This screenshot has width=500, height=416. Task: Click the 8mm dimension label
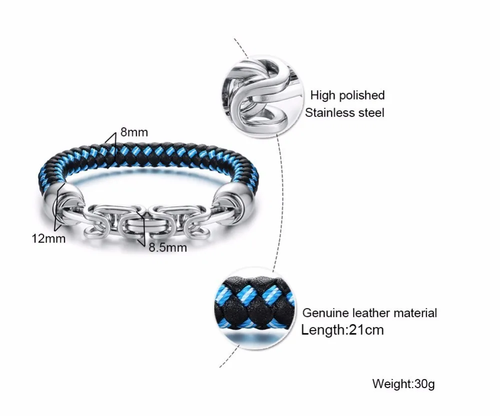[134, 133]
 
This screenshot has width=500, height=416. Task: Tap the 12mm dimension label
[48, 238]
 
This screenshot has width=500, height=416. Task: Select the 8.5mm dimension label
[167, 247]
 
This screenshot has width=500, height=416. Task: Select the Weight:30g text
[403, 384]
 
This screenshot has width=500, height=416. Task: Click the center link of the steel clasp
[138, 222]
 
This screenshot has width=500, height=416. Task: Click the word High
[322, 95]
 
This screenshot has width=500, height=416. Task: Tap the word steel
[370, 112]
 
